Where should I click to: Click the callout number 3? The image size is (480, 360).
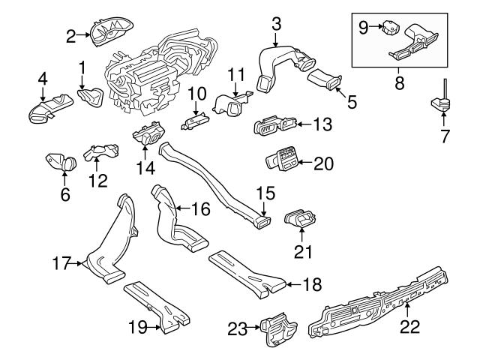click(276, 23)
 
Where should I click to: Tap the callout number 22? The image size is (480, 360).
click(409, 326)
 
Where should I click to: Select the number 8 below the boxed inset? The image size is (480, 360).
click(399, 83)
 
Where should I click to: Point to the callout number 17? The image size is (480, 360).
click(61, 263)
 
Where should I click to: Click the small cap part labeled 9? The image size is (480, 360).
click(388, 28)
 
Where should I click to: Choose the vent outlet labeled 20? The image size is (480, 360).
click(282, 160)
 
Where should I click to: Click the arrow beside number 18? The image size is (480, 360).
click(293, 283)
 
